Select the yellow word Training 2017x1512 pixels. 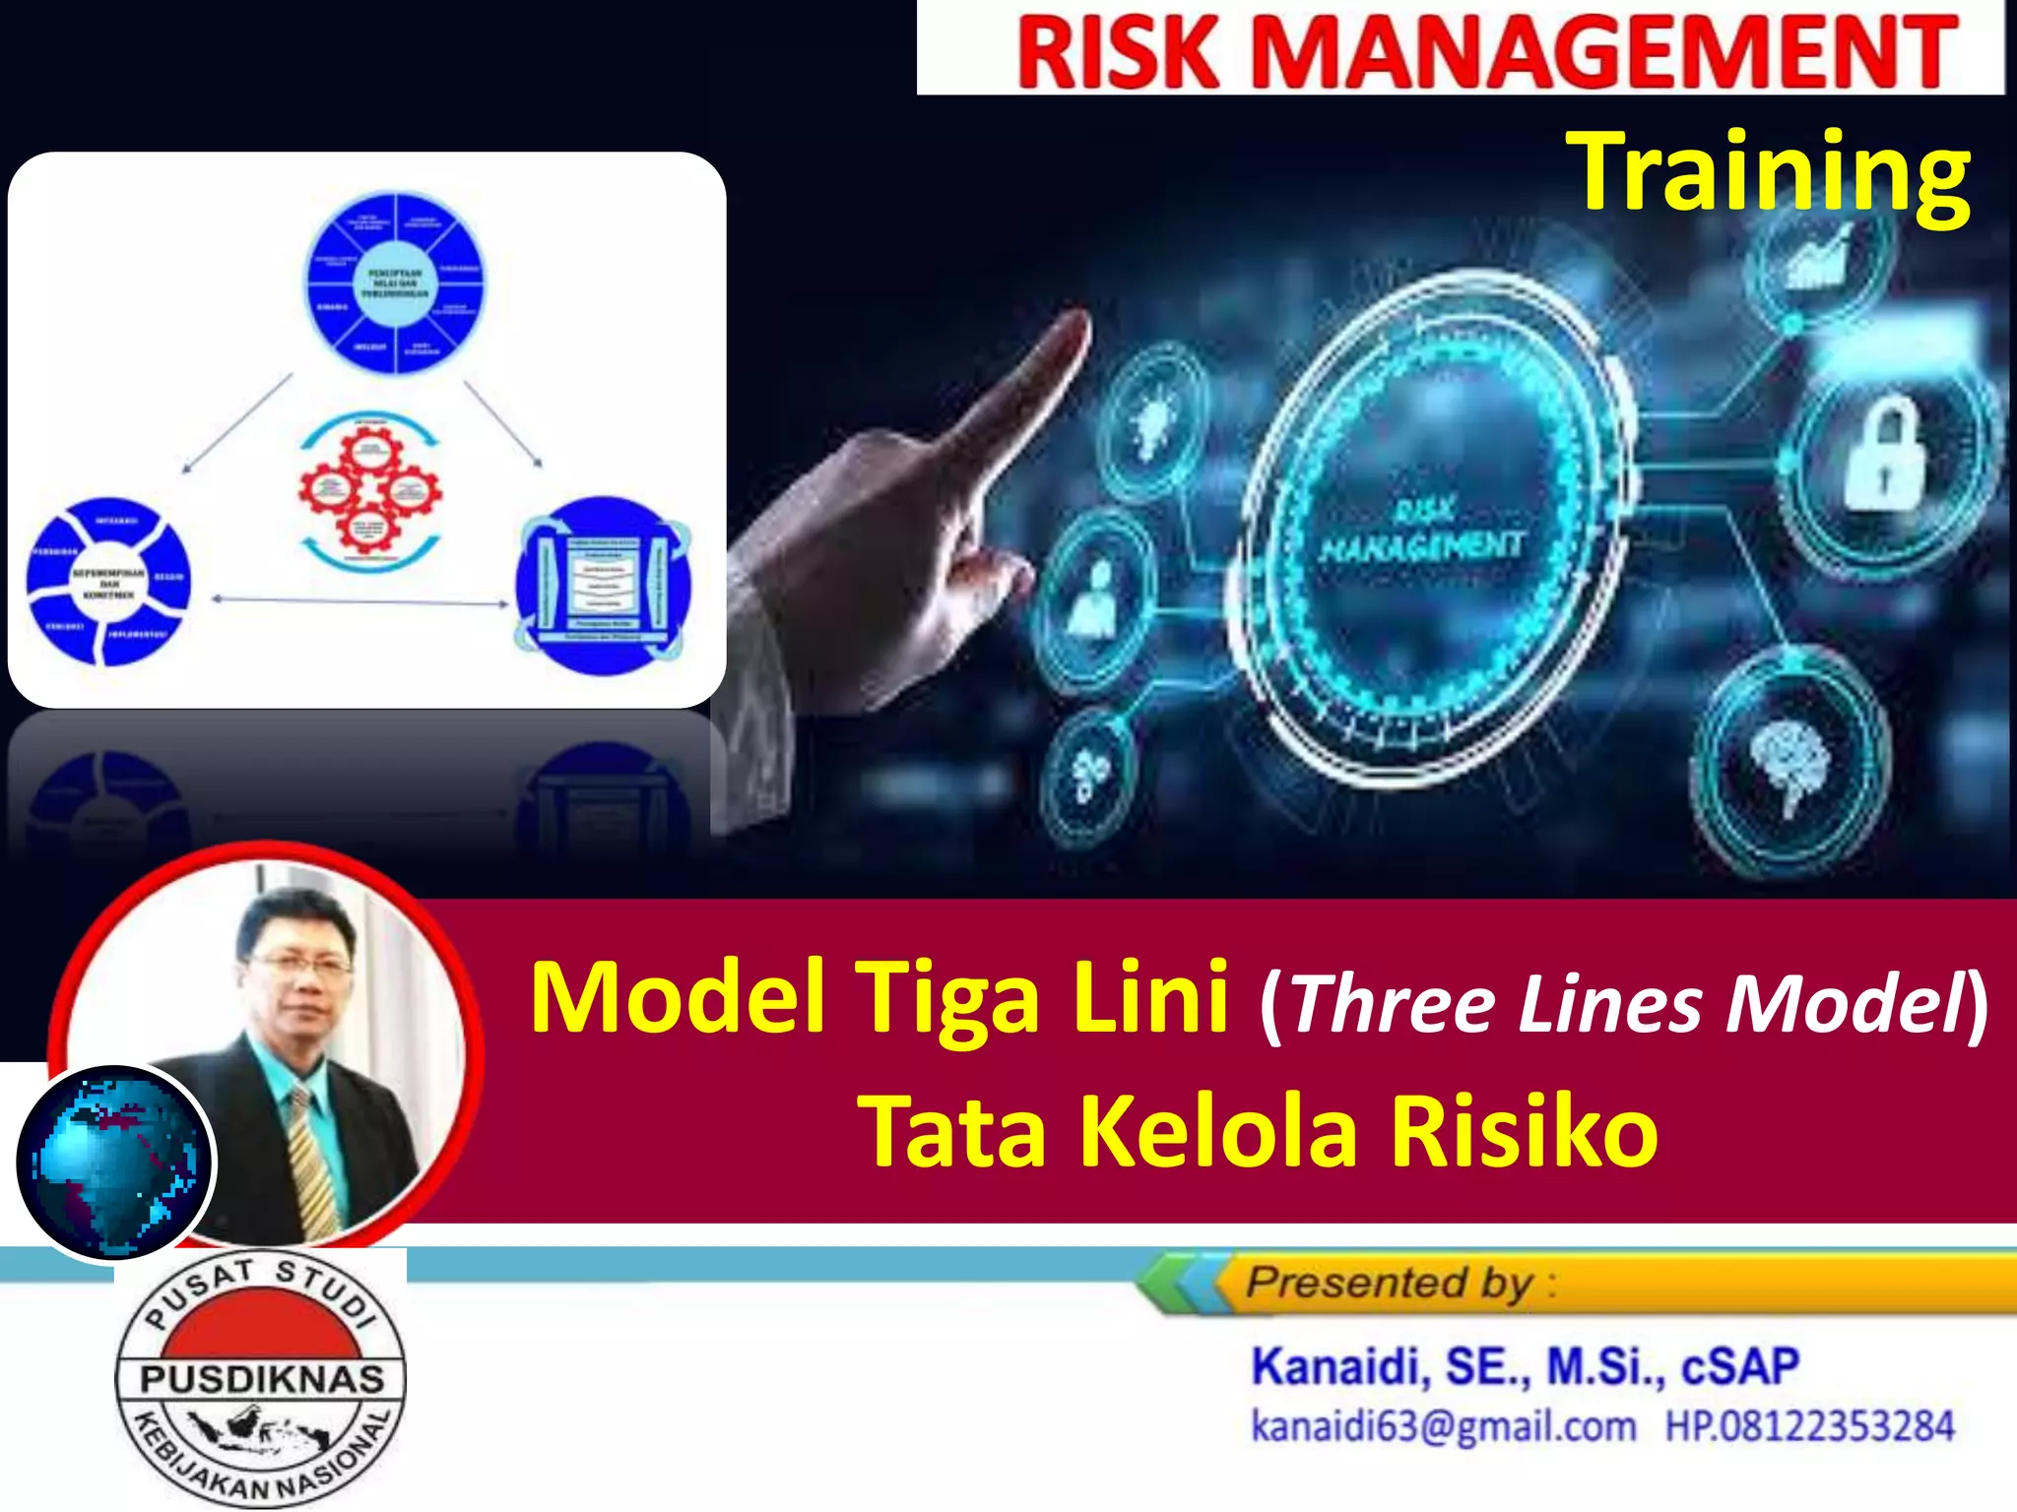(x=1768, y=175)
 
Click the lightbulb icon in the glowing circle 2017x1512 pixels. (x=1151, y=418)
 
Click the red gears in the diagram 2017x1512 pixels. (x=369, y=489)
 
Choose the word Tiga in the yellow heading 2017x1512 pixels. (x=946, y=999)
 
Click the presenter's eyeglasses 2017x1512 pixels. (x=299, y=964)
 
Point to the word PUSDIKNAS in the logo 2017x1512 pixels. (x=261, y=1378)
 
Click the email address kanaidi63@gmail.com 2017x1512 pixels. (x=1443, y=1426)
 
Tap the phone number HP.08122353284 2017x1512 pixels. (x=1808, y=1426)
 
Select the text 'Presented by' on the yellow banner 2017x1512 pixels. (x=1389, y=1283)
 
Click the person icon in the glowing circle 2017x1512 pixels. (x=1094, y=595)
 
